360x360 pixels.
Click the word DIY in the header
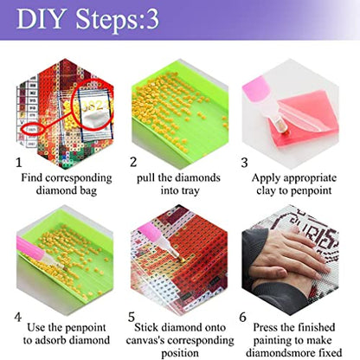[40, 19]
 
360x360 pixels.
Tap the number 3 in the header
[152, 19]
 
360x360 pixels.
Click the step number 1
[19, 163]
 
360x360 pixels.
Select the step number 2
[133, 162]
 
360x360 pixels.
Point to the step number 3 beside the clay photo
[244, 163]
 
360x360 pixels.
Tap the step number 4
[18, 317]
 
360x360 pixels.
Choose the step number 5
[132, 317]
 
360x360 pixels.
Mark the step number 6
[242, 317]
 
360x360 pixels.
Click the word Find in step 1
[32, 177]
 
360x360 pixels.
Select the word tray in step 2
[189, 191]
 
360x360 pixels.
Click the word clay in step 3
[267, 190]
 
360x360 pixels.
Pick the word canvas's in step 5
[145, 340]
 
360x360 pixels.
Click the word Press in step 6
[266, 327]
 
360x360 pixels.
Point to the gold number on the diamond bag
[93, 106]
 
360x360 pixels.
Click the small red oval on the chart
[32, 129]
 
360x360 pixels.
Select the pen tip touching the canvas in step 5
[183, 260]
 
